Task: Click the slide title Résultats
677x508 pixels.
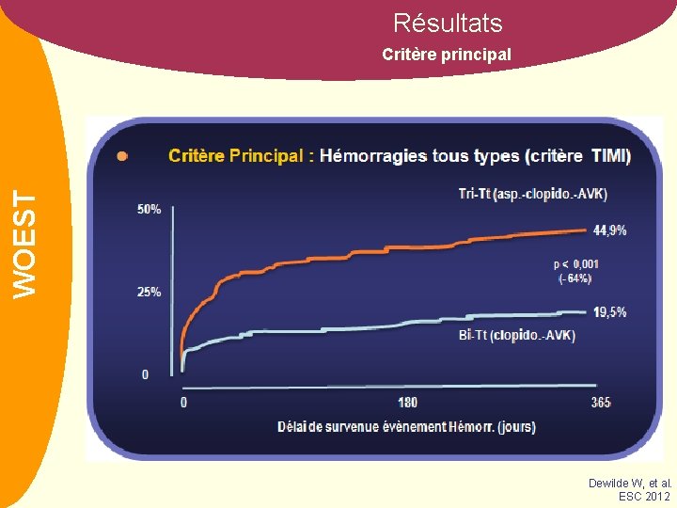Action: [448, 23]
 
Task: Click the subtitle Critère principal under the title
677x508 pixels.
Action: [447, 55]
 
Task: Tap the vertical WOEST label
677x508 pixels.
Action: [29, 244]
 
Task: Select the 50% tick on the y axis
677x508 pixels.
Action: [149, 209]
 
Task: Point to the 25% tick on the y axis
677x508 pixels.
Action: [149, 292]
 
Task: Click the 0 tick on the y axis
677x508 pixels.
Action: [145, 374]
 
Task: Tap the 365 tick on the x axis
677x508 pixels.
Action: [601, 403]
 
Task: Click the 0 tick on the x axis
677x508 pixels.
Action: [183, 403]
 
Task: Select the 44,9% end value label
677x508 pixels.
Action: [610, 230]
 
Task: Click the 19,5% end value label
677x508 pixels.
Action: [610, 312]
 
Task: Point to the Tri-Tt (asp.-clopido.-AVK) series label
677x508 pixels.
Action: [532, 194]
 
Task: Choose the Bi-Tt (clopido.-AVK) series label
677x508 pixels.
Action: [517, 335]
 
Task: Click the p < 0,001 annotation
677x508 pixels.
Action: [575, 264]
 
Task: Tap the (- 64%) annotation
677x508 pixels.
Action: [575, 278]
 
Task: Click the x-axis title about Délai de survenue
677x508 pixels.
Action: [406, 427]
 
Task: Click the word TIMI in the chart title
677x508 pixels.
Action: [611, 156]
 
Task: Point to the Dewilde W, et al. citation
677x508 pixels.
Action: [629, 483]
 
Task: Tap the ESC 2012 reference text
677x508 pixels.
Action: [644, 496]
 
